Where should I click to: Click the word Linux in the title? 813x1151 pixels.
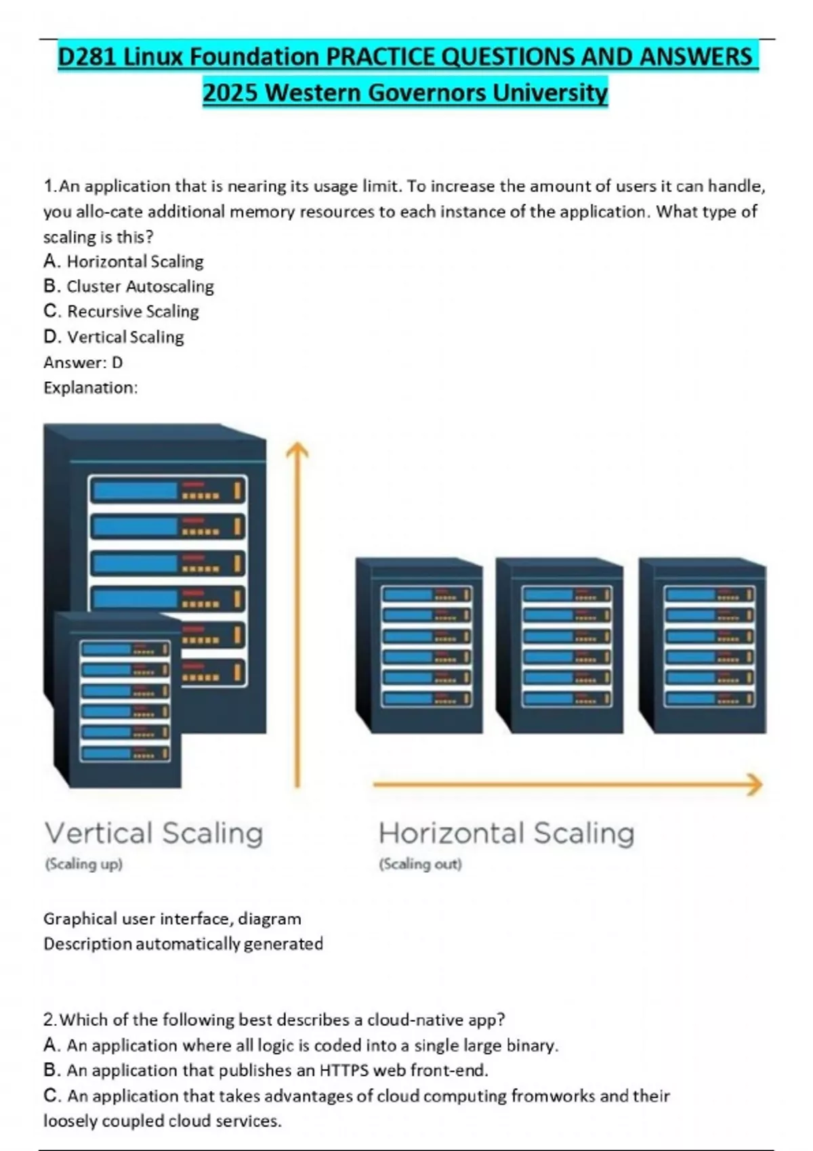coord(154,57)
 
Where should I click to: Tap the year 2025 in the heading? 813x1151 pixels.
coord(230,92)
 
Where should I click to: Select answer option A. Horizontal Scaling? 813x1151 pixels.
coord(123,261)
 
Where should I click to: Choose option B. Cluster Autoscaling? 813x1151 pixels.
coord(129,286)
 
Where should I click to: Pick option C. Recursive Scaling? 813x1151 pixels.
coord(121,311)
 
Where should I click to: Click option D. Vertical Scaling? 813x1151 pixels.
coord(114,337)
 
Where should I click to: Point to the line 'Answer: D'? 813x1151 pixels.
coord(83,362)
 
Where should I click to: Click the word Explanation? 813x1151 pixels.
coord(91,388)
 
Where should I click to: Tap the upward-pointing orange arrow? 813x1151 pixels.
coord(297,609)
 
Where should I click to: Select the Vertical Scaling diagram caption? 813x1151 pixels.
coord(154,833)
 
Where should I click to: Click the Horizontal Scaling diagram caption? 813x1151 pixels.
coord(506,833)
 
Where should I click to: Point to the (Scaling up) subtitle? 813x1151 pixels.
coord(83,864)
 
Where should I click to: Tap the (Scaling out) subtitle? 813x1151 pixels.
coord(420,864)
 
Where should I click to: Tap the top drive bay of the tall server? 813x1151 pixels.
coord(167,490)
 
